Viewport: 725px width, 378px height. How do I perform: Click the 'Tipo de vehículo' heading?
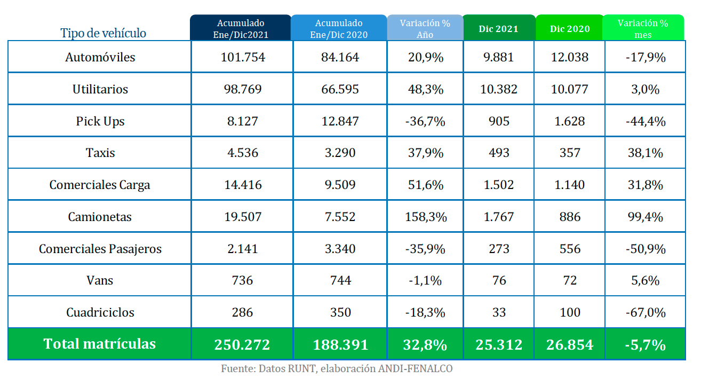[103, 33]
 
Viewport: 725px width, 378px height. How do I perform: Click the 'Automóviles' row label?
[100, 57]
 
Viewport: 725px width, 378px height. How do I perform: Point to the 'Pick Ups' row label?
[100, 122]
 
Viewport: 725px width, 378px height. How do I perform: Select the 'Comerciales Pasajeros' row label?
[100, 249]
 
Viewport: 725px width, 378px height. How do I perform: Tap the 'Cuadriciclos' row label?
[100, 312]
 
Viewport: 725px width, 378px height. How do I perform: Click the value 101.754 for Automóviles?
[243, 57]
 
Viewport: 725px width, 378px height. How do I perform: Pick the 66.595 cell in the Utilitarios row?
[340, 89]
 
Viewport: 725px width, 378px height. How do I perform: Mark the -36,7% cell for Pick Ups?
[425, 122]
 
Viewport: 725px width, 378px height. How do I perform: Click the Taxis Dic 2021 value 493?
[499, 153]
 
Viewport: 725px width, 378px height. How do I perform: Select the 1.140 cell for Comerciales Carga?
[569, 185]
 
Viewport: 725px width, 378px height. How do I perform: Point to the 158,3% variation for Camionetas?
[426, 217]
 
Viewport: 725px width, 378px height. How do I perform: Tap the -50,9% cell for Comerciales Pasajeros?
[646, 249]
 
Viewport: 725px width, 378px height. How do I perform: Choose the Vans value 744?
[340, 280]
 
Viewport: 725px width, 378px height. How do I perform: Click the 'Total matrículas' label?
[100, 344]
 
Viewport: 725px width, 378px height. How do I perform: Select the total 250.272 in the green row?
[242, 345]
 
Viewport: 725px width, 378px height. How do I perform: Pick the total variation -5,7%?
[645, 345]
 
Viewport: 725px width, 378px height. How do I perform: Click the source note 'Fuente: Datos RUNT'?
[268, 369]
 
